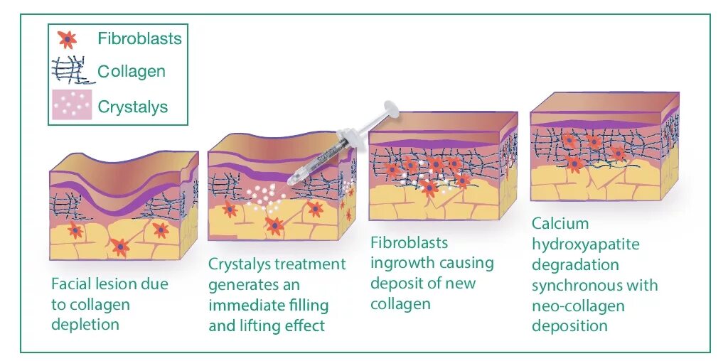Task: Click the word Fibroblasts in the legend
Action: [x=140, y=38]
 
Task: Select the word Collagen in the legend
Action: [x=132, y=71]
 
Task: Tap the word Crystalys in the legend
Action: [x=133, y=107]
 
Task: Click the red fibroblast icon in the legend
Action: [x=67, y=39]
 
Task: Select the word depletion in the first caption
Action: [x=85, y=325]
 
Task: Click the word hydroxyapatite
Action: [x=585, y=244]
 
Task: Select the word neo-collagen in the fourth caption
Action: [x=578, y=306]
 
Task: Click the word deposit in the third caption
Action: [x=396, y=284]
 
